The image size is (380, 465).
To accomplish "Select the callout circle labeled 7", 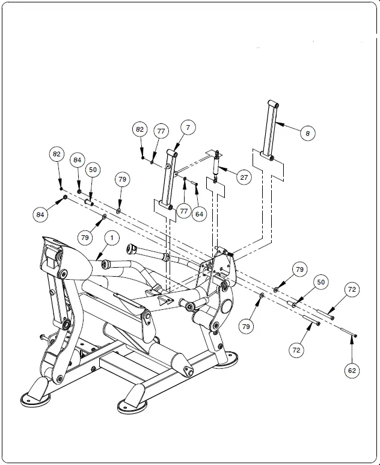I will tap(188, 128).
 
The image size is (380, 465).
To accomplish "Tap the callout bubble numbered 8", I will tap(307, 133).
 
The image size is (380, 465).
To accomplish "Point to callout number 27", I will tap(244, 177).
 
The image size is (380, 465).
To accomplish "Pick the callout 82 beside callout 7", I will tap(140, 129).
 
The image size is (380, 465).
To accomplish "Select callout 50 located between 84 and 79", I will tap(93, 170).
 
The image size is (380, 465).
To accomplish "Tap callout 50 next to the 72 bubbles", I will tap(321, 282).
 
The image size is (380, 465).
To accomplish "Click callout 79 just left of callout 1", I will tap(85, 238).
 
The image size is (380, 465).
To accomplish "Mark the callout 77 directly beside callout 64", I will tap(184, 211).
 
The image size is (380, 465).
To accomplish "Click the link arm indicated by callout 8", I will tap(272, 129).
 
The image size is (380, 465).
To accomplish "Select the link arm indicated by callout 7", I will tap(168, 180).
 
